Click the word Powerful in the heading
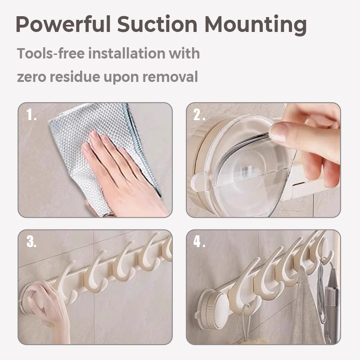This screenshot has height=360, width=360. pos(63,24)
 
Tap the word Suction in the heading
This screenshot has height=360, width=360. pos(157,24)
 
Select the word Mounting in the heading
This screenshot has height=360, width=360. pos(256,25)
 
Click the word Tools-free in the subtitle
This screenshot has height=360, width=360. pos(51,53)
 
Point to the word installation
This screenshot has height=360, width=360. pos(127,53)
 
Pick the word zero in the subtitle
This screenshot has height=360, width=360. pos(31,77)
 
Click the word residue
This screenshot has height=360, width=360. pos(75,76)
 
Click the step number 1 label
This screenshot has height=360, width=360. pos(31,115)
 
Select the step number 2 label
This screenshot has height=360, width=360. pos(199,115)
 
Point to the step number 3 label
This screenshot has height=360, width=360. pos(31,242)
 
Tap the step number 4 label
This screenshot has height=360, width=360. pos(199,242)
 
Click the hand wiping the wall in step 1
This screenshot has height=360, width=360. pos(124,175)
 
